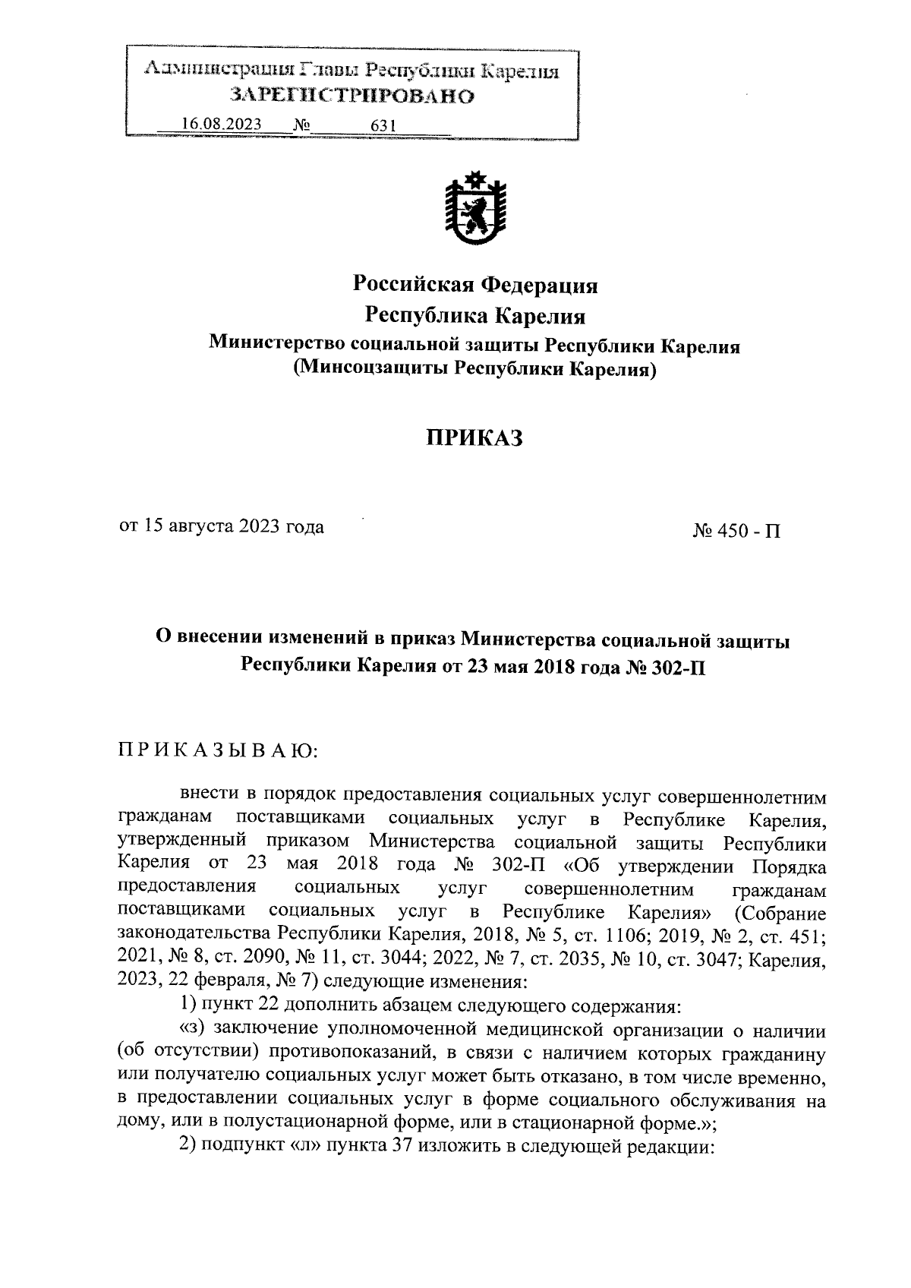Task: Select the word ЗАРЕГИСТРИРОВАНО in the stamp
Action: (x=352, y=96)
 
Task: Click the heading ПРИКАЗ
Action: (x=474, y=438)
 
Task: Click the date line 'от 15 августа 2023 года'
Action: (x=222, y=526)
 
